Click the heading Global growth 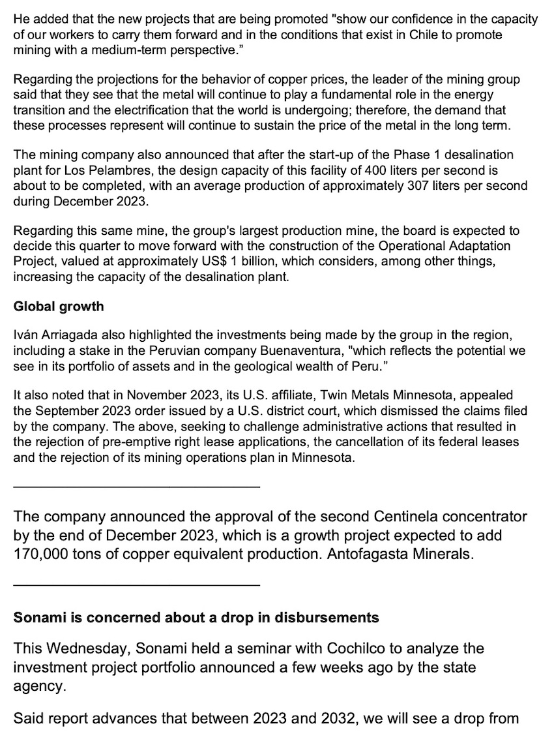pos(59,306)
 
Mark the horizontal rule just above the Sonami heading pos(136,585)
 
